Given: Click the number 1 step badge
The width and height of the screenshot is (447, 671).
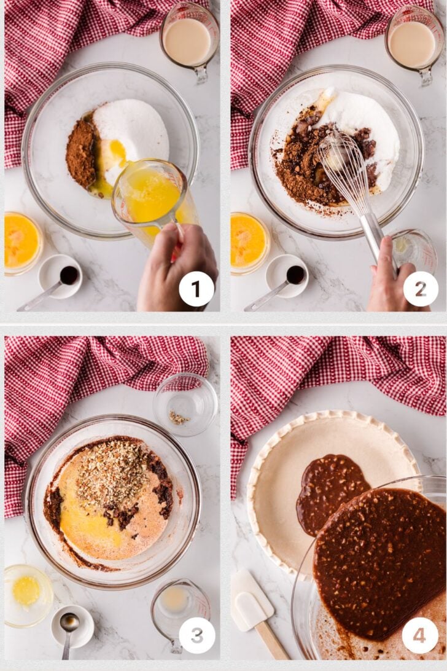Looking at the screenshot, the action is pyautogui.click(x=196, y=289).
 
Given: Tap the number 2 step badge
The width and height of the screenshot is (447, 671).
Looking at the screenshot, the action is pyautogui.click(x=421, y=289).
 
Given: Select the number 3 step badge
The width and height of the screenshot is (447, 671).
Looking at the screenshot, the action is pyautogui.click(x=196, y=635).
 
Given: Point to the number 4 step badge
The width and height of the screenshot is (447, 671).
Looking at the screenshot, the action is pyautogui.click(x=419, y=635).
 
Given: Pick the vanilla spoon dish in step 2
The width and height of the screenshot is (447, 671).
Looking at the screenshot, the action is pyautogui.click(x=287, y=277).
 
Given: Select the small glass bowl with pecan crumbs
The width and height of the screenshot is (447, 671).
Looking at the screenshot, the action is pyautogui.click(x=185, y=404).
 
